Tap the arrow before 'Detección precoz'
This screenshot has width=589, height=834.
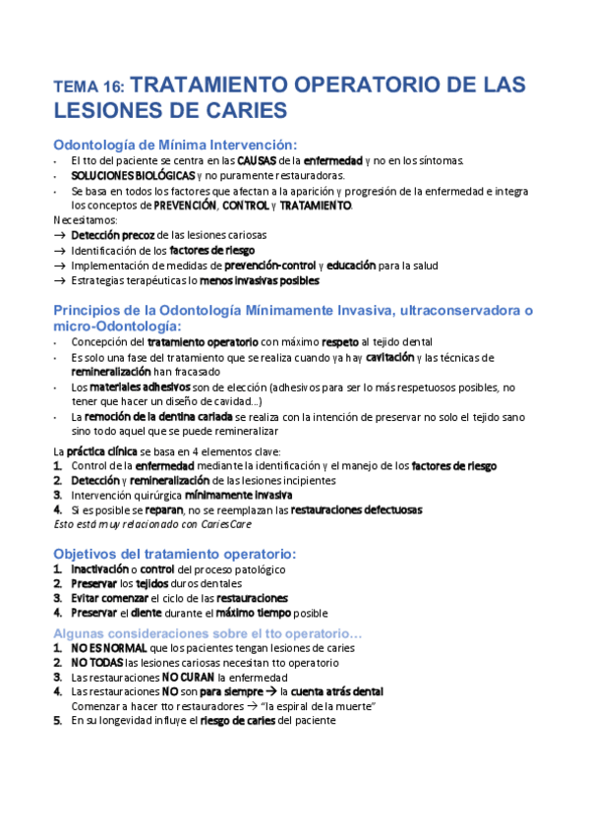point(61,236)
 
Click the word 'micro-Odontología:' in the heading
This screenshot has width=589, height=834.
point(117,325)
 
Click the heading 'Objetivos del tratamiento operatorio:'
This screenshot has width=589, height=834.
point(173,553)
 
